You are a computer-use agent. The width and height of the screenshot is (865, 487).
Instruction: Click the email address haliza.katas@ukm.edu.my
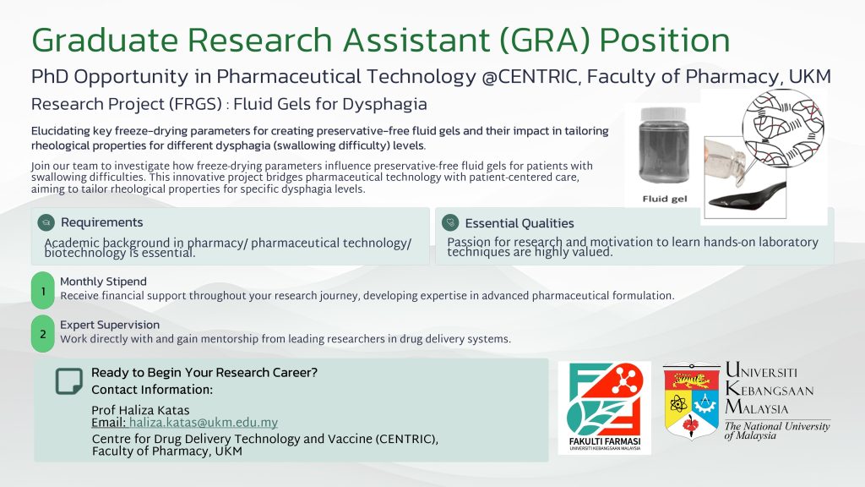click(x=203, y=423)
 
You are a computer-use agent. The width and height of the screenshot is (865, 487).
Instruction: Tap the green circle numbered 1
click(x=43, y=291)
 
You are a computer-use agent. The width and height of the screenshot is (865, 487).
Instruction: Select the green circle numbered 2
click(x=43, y=334)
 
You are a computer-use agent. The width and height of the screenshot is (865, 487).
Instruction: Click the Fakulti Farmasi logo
click(x=605, y=408)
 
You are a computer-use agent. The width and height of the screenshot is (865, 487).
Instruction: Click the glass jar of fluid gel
click(x=664, y=146)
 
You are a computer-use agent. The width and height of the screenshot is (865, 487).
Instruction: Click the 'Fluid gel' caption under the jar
click(x=665, y=199)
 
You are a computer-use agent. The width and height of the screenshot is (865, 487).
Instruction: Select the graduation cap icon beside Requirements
click(x=46, y=222)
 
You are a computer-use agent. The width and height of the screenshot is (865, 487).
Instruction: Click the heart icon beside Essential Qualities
click(x=450, y=222)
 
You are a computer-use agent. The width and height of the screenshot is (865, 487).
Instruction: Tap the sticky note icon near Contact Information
click(x=69, y=381)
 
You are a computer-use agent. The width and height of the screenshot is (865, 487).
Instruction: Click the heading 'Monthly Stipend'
click(x=103, y=282)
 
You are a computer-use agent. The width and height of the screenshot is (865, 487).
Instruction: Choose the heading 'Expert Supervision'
click(x=110, y=325)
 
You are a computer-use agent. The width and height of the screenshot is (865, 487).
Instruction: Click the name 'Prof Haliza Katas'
click(x=140, y=410)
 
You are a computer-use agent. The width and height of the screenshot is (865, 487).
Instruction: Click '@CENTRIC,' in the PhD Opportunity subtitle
click(x=531, y=77)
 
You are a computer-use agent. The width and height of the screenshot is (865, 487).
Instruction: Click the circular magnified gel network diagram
click(x=783, y=129)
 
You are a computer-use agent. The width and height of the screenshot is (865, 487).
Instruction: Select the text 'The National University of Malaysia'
click(x=777, y=430)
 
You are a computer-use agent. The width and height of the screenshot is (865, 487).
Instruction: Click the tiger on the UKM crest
click(x=691, y=380)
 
